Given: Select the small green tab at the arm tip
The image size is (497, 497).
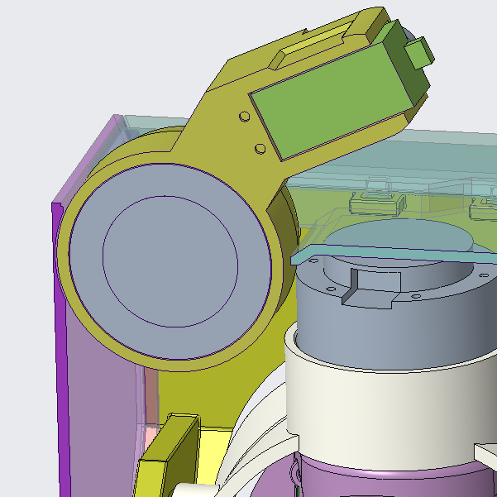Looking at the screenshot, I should [419, 54].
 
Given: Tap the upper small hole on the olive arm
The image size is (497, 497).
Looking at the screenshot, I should [244, 117].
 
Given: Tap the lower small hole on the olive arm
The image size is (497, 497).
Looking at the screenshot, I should [260, 148].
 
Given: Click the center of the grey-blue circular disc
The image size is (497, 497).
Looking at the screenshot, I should [170, 260].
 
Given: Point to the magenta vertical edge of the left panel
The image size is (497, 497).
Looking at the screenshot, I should [58, 347].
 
